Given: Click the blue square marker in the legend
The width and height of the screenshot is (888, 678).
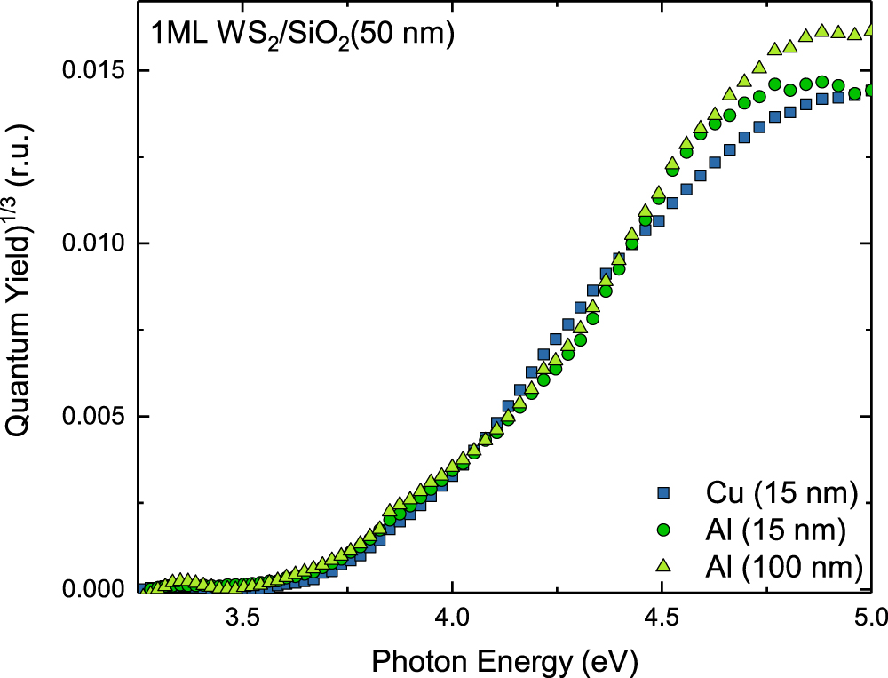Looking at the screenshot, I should pos(661,491).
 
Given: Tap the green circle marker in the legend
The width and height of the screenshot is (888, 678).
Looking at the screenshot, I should pos(661,530).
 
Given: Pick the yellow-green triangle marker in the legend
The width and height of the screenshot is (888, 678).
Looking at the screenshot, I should pos(661,565).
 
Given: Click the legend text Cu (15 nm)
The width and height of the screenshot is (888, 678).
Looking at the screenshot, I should pos(781,491).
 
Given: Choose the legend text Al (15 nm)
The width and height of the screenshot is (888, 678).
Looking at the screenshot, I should pos(779,530).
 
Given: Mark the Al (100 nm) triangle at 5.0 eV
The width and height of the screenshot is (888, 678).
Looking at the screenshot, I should pos(871,30).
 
